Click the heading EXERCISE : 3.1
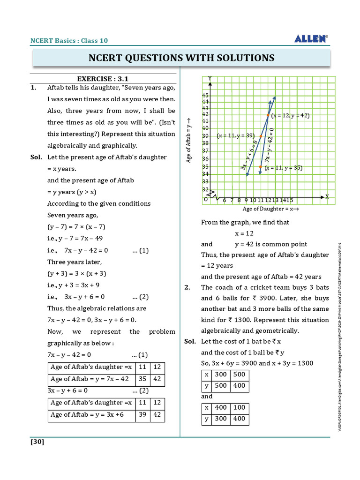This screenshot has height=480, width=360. coord(103,79)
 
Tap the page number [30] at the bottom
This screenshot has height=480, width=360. coord(37,442)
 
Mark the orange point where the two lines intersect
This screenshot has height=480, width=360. coord(268,115)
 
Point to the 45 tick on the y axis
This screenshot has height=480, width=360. coord(205,95)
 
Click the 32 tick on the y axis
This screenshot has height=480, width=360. coord(205,190)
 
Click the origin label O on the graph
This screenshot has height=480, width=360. coord(205,199)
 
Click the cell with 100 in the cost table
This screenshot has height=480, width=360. coord(239,408)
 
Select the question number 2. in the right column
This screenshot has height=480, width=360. coord(187,287)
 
